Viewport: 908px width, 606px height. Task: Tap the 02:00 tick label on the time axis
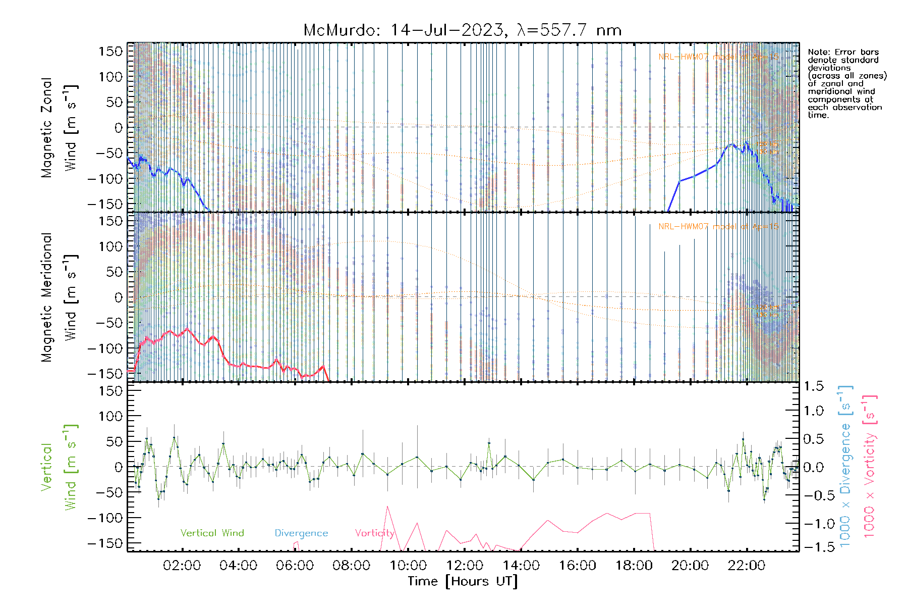pos(182,566)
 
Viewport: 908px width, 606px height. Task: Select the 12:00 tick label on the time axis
pos(464,566)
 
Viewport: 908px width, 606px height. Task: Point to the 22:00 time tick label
pos(747,566)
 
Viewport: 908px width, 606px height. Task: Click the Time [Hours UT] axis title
pos(463,581)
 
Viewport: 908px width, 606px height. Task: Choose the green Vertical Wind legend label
pos(212,533)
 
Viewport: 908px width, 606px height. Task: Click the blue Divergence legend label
pos(301,533)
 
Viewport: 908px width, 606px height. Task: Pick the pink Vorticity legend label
pos(374,533)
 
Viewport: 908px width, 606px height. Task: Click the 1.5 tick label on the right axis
pos(814,386)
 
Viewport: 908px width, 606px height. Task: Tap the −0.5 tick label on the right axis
pos(814,495)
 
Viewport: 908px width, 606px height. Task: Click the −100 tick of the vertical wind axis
pos(105,518)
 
